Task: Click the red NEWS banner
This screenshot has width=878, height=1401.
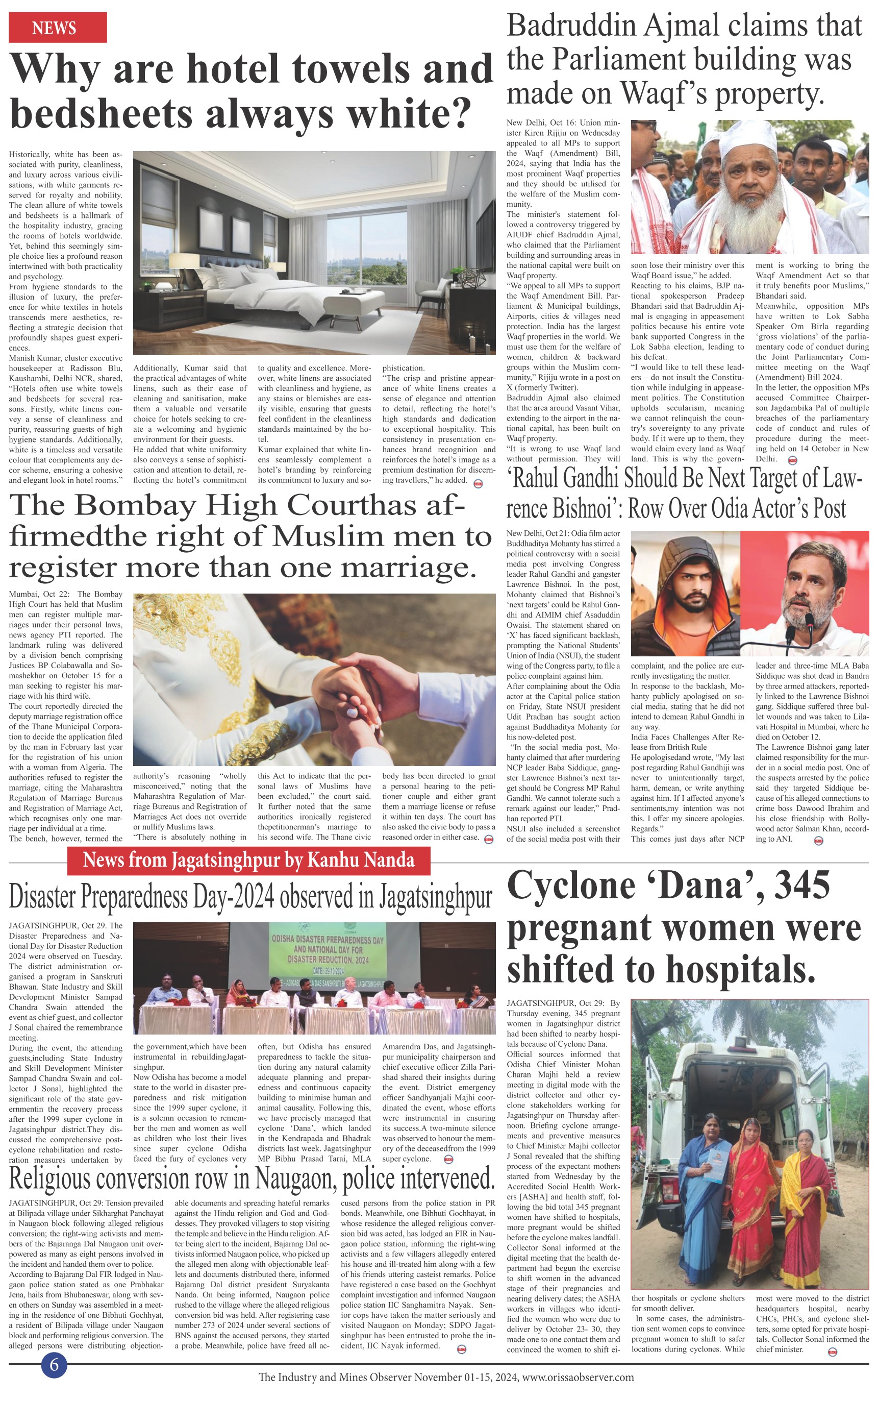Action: pos(58,28)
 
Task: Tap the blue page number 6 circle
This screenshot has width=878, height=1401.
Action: pos(54,1364)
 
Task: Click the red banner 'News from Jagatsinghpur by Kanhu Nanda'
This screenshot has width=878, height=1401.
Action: pos(248,860)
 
